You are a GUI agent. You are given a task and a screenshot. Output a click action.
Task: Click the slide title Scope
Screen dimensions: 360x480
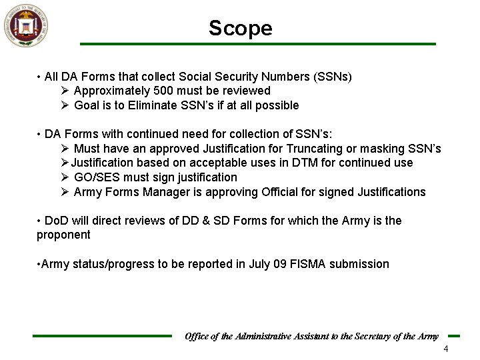point(240,28)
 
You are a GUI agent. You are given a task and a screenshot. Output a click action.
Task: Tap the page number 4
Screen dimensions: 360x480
point(446,350)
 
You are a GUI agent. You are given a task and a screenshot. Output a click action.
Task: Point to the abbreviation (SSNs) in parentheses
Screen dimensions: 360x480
point(333,76)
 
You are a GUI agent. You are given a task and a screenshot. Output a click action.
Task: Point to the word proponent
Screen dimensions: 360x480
point(63,235)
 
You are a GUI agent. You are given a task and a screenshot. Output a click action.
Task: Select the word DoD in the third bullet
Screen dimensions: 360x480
point(57,221)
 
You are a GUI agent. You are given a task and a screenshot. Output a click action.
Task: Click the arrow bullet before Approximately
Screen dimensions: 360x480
point(65,91)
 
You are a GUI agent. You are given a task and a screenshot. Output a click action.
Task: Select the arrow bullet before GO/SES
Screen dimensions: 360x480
point(65,177)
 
